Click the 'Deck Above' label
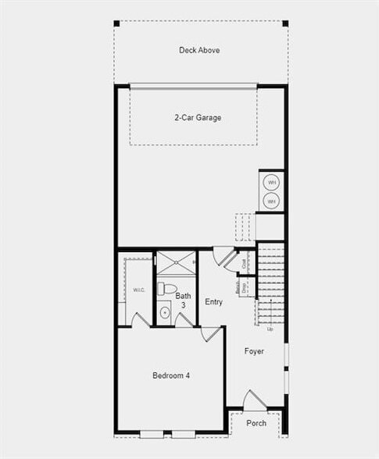[199, 51]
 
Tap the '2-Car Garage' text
[198, 118]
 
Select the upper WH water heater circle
[272, 183]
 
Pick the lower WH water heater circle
[272, 201]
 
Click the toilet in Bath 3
[164, 289]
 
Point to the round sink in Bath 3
[165, 313]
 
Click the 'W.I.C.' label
[139, 290]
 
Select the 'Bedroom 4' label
[170, 375]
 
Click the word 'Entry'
[213, 302]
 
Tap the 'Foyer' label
[254, 351]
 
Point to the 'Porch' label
[256, 423]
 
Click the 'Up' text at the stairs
[270, 329]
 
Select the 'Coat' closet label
[245, 265]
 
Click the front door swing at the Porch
[253, 399]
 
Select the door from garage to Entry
[224, 256]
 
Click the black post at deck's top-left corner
[116, 23]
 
